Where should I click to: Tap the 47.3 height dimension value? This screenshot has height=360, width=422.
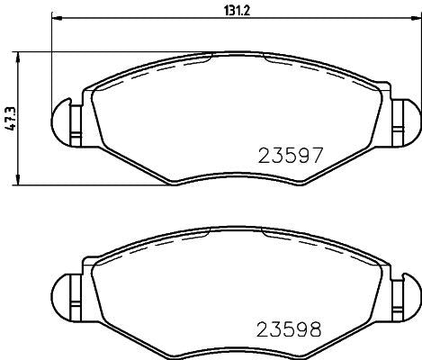[x=10, y=118]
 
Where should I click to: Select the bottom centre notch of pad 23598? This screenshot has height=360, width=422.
[x=237, y=348]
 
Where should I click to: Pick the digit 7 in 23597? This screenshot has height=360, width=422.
[x=316, y=154]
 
